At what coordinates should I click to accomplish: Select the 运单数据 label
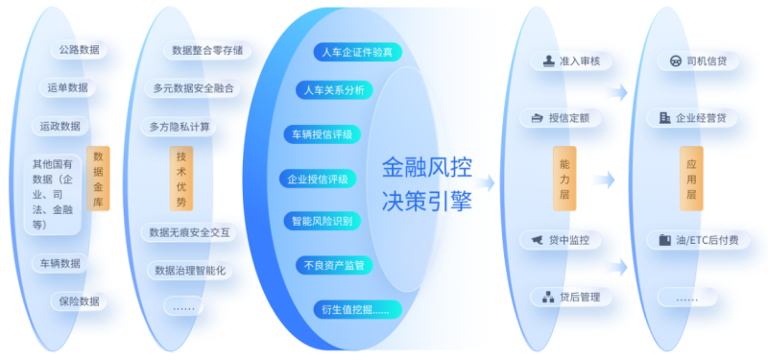68,87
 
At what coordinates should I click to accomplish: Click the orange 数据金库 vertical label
99,179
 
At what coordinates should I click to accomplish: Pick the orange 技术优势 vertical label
180,179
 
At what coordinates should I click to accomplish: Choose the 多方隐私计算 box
180,126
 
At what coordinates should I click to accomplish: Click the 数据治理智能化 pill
189,270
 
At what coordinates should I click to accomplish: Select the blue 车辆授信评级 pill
323,133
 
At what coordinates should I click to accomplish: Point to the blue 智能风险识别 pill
323,222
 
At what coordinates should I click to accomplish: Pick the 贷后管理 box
571,297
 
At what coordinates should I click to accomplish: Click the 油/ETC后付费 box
697,239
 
